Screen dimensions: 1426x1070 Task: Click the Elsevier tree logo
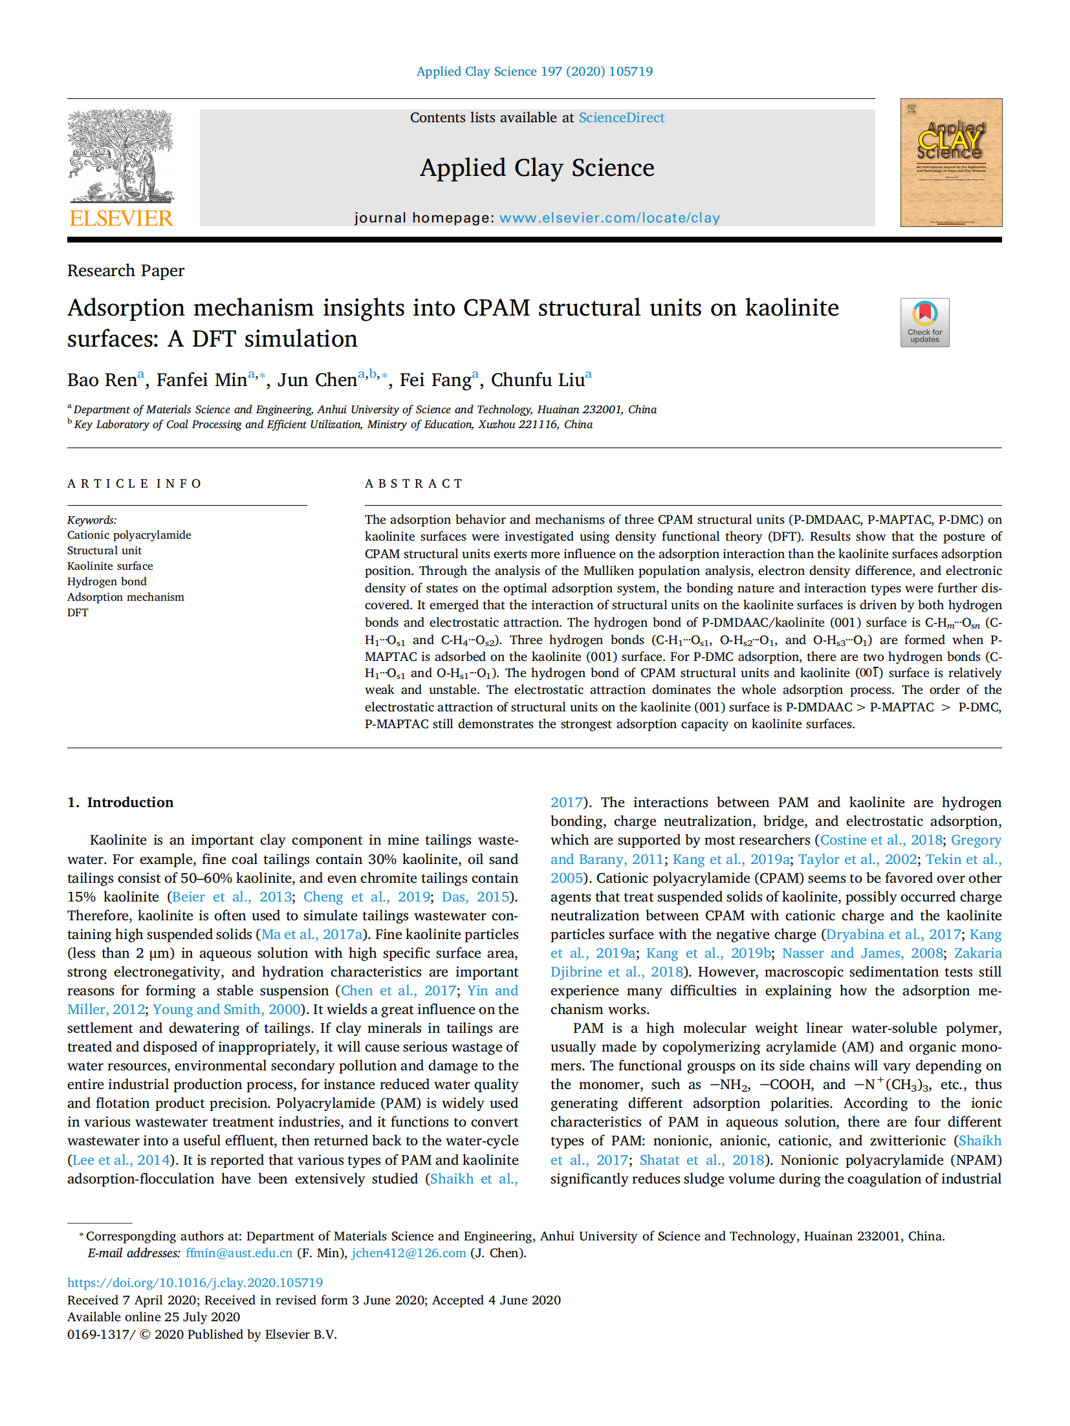(x=121, y=156)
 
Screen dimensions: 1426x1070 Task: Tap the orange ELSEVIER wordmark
(x=121, y=219)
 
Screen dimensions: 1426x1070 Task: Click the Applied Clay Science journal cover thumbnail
(x=950, y=162)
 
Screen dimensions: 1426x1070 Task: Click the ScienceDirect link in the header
(x=621, y=118)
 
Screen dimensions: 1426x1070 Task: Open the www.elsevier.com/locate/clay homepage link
(x=609, y=218)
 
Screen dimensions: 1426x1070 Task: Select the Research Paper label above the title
(x=126, y=270)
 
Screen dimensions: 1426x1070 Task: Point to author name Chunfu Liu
(x=538, y=380)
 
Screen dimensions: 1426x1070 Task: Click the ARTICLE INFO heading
(x=135, y=484)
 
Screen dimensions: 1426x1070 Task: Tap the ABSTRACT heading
(x=414, y=484)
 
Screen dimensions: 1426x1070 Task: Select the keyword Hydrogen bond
(x=107, y=581)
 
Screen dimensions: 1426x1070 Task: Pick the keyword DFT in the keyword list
(x=78, y=612)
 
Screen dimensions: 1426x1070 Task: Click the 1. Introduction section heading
(x=120, y=803)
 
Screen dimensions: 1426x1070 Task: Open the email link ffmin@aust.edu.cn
(x=239, y=1253)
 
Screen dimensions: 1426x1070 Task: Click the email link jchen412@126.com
(x=408, y=1253)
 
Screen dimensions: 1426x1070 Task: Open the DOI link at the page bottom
(x=195, y=1282)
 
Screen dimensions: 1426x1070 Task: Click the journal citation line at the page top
(x=534, y=71)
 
